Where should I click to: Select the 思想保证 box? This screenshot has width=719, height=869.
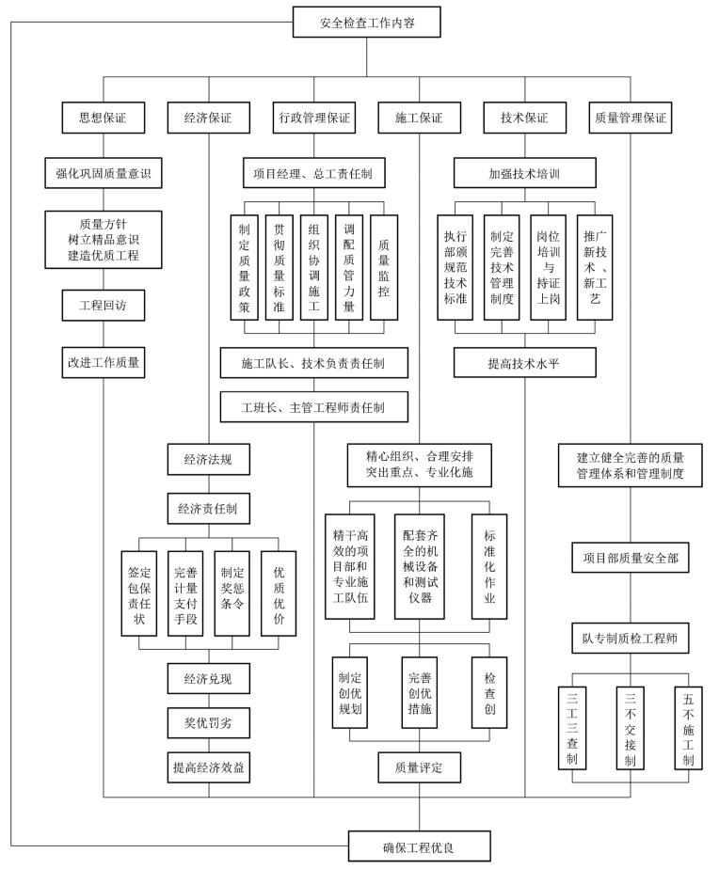(x=103, y=119)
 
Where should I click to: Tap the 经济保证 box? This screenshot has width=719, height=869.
(x=208, y=119)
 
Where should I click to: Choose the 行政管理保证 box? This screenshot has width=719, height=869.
(x=314, y=119)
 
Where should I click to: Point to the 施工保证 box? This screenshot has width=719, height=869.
(x=419, y=119)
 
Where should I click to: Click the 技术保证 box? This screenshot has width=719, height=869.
(x=523, y=119)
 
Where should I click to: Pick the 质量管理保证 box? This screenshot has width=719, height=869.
(x=631, y=119)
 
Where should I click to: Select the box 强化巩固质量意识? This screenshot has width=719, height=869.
(x=103, y=173)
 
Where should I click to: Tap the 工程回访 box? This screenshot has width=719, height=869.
(x=103, y=305)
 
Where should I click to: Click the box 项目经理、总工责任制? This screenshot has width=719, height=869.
(x=314, y=173)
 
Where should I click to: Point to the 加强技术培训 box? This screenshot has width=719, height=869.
(x=524, y=173)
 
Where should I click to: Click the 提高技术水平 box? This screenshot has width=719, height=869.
(x=524, y=362)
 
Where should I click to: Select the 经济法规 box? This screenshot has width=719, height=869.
(x=208, y=459)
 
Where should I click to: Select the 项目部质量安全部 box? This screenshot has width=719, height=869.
(x=631, y=558)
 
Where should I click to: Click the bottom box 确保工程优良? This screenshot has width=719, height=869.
(x=419, y=845)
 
